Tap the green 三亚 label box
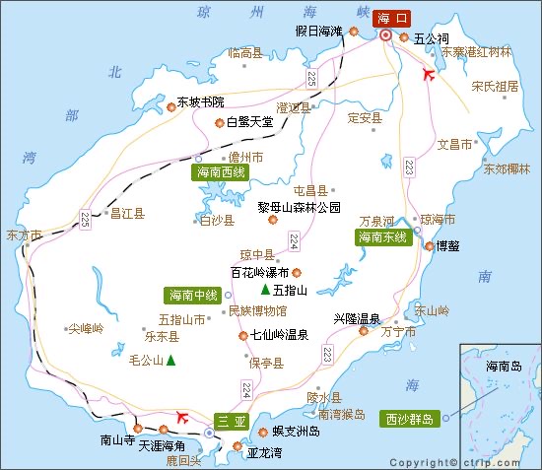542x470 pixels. tap(230, 420)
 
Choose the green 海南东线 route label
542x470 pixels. tap(383, 237)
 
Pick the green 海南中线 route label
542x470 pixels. tap(193, 295)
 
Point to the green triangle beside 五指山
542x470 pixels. tap(265, 290)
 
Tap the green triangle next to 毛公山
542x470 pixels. tap(171, 360)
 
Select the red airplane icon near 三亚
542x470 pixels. tap(180, 416)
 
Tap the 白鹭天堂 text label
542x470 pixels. tap(250, 122)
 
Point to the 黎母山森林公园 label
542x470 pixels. tap(300, 207)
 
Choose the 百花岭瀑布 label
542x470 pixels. tap(259, 273)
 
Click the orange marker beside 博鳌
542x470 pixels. tap(429, 246)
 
